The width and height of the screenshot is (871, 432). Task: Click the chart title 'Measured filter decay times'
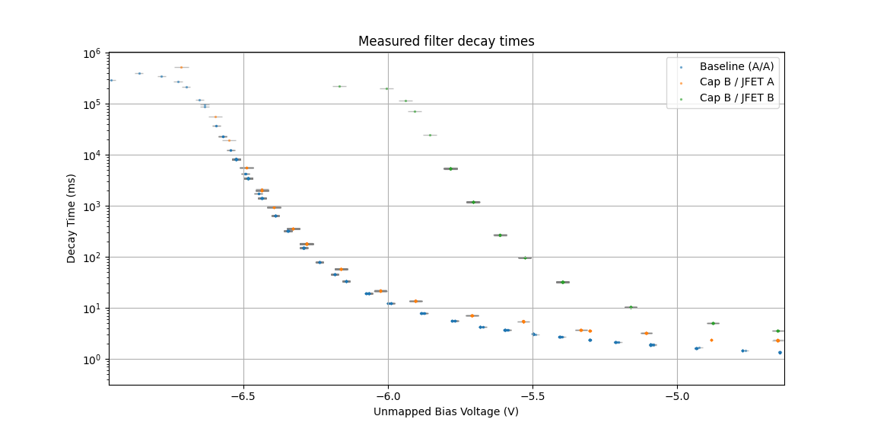tap(446, 41)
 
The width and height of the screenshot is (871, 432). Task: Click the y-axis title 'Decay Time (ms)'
tap(72, 218)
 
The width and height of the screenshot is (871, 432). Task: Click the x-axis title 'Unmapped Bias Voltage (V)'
tap(446, 411)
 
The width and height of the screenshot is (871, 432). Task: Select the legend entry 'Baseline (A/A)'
tap(736, 66)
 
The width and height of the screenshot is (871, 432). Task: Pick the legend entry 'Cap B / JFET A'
tap(737, 82)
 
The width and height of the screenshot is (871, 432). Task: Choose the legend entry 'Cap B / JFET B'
tap(737, 97)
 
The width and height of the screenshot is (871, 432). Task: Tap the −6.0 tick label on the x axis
tap(388, 396)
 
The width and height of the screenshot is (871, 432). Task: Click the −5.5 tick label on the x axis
tap(532, 396)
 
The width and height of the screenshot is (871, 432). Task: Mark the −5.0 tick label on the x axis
tap(677, 396)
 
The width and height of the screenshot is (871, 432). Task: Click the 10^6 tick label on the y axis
tap(93, 53)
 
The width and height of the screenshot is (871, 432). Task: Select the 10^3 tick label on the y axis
tap(93, 206)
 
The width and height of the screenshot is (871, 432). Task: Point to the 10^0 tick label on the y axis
tap(93, 360)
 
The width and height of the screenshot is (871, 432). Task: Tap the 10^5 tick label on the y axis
tap(93, 104)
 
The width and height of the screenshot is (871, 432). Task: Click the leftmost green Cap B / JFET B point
tap(339, 86)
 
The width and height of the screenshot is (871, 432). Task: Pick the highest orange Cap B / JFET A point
tap(181, 67)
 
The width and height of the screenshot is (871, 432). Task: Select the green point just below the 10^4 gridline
tap(450, 168)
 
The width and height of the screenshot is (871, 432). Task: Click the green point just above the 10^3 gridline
tap(473, 202)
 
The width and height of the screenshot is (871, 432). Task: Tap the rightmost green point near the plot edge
tap(777, 331)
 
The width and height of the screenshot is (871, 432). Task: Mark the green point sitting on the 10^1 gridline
tap(630, 307)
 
